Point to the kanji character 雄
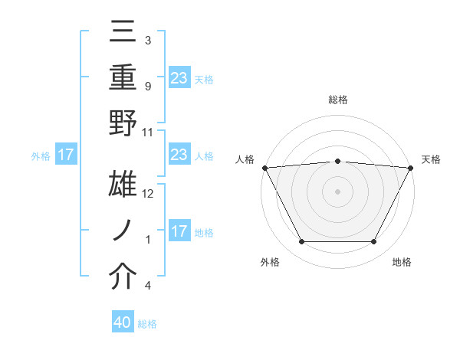[x=123, y=184]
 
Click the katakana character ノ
[x=123, y=229]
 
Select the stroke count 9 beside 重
[x=147, y=86]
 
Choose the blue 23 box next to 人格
[x=179, y=155]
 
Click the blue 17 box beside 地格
[x=179, y=231]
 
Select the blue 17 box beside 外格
[x=65, y=155]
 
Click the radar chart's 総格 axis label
[x=337, y=100]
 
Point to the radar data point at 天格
[x=411, y=167]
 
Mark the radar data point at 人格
[x=264, y=167]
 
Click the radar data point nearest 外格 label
[x=301, y=242]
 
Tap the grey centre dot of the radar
[x=337, y=191]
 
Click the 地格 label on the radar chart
[x=402, y=263]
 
